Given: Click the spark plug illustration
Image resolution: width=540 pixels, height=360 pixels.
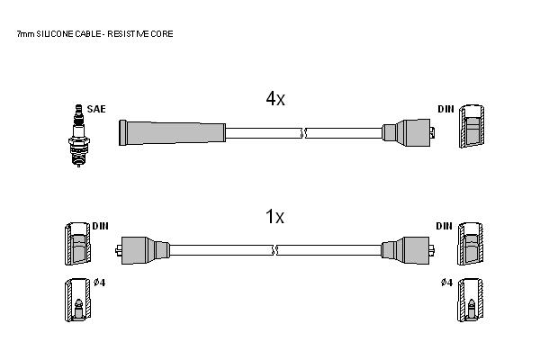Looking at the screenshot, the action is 79,135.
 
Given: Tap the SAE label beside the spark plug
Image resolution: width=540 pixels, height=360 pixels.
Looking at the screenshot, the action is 96,109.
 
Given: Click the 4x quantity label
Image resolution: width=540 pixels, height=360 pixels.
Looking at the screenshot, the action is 275,99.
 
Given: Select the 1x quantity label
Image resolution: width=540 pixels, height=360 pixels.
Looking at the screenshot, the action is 274,217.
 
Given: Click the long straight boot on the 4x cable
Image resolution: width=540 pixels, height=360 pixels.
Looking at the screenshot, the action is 172,132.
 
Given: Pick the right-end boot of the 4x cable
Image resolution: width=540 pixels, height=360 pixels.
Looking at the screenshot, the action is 408,132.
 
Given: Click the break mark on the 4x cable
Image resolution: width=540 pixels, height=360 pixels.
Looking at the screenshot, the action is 304,133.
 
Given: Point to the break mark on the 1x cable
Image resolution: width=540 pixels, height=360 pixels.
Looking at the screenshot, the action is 275,250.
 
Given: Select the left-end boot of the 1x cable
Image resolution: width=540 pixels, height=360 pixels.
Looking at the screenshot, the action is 142,250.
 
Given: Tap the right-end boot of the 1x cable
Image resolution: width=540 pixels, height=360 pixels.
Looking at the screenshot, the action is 408,250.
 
